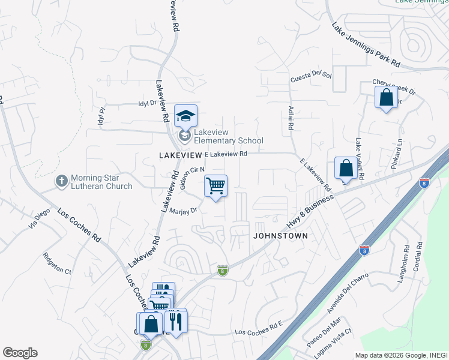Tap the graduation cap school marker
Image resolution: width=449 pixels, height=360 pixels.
(x=186, y=116)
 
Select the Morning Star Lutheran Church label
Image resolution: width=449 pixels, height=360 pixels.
(x=101, y=182)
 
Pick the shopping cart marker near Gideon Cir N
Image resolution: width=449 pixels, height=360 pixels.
(x=215, y=186)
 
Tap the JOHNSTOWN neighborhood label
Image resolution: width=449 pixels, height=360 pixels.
(x=280, y=236)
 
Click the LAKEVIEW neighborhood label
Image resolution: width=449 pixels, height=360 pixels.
(x=179, y=155)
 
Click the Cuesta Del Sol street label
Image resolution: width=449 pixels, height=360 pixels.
(x=311, y=76)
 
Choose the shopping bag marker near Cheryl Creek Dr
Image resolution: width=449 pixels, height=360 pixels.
(x=386, y=98)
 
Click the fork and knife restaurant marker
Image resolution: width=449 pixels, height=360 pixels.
(x=175, y=321)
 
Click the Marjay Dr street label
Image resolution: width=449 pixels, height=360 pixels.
(x=183, y=211)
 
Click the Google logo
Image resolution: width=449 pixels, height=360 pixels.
(x=20, y=353)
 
